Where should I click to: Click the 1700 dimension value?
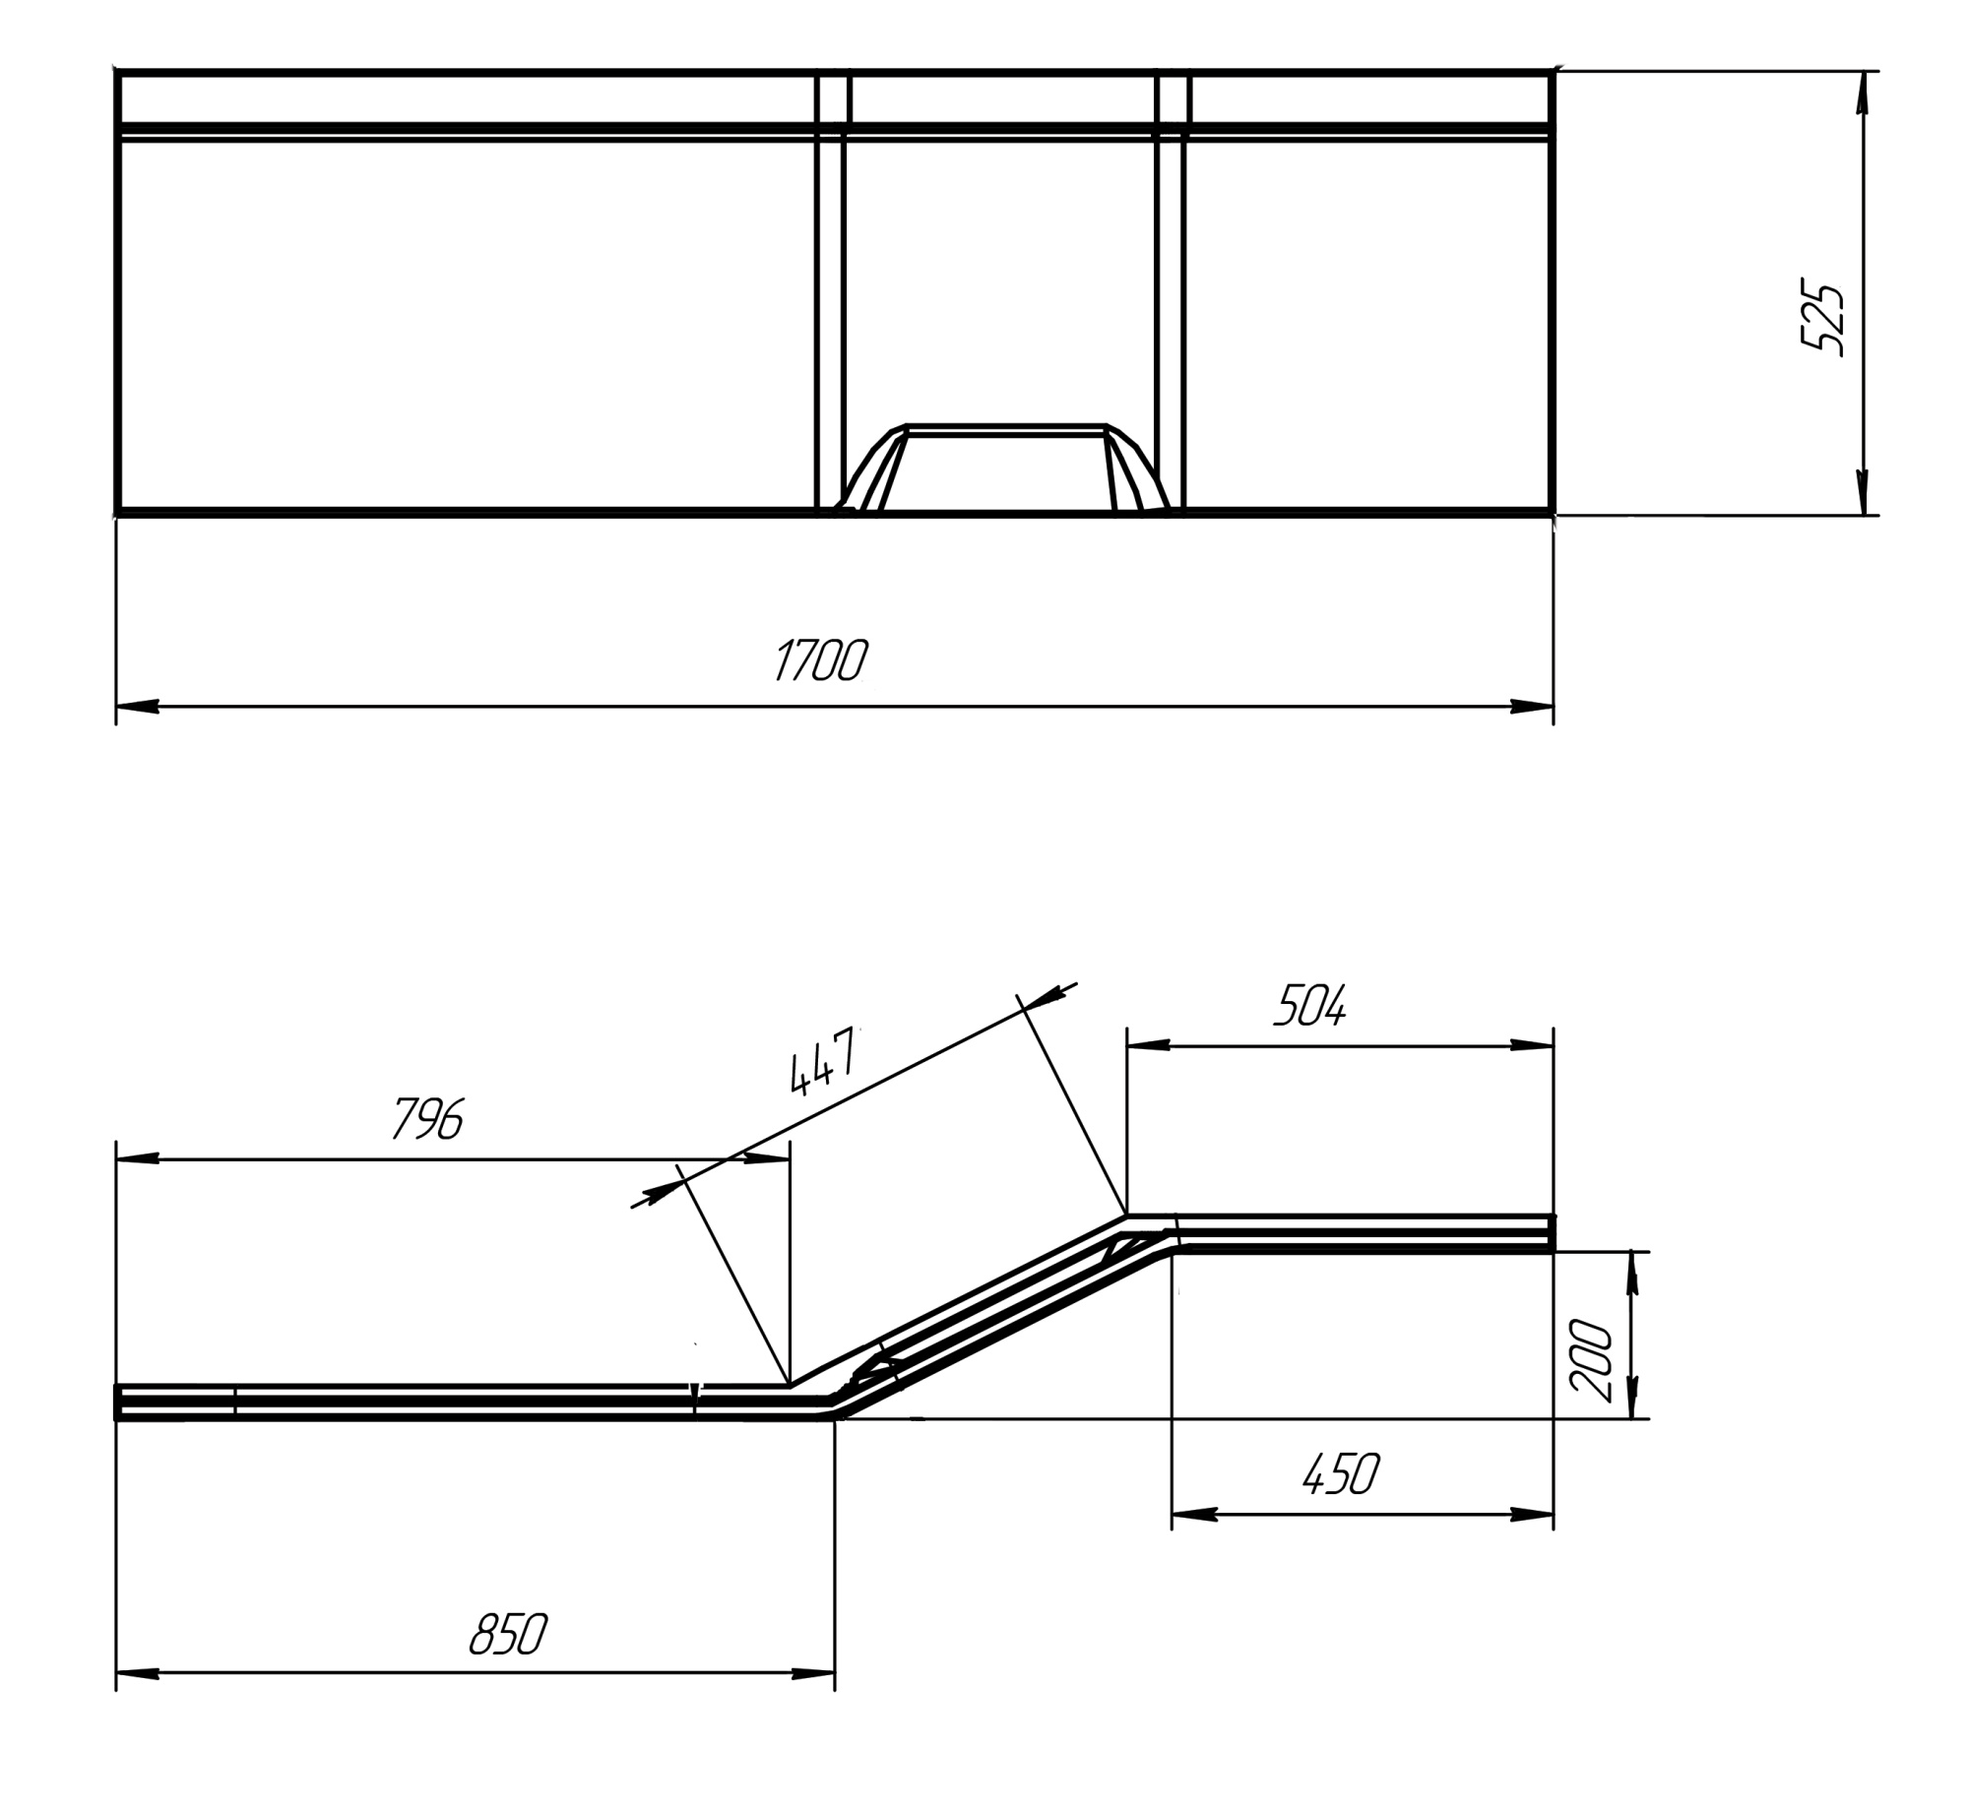pyautogui.click(x=821, y=659)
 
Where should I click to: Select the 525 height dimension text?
pyautogui.click(x=1821, y=320)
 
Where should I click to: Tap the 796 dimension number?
pyautogui.click(x=427, y=1118)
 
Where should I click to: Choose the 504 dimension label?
pyautogui.click(x=1309, y=1006)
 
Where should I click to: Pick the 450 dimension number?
pyautogui.click(x=1341, y=1473)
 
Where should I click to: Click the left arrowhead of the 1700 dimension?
pyautogui.click(x=138, y=707)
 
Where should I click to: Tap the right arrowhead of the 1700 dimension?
pyautogui.click(x=1532, y=707)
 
